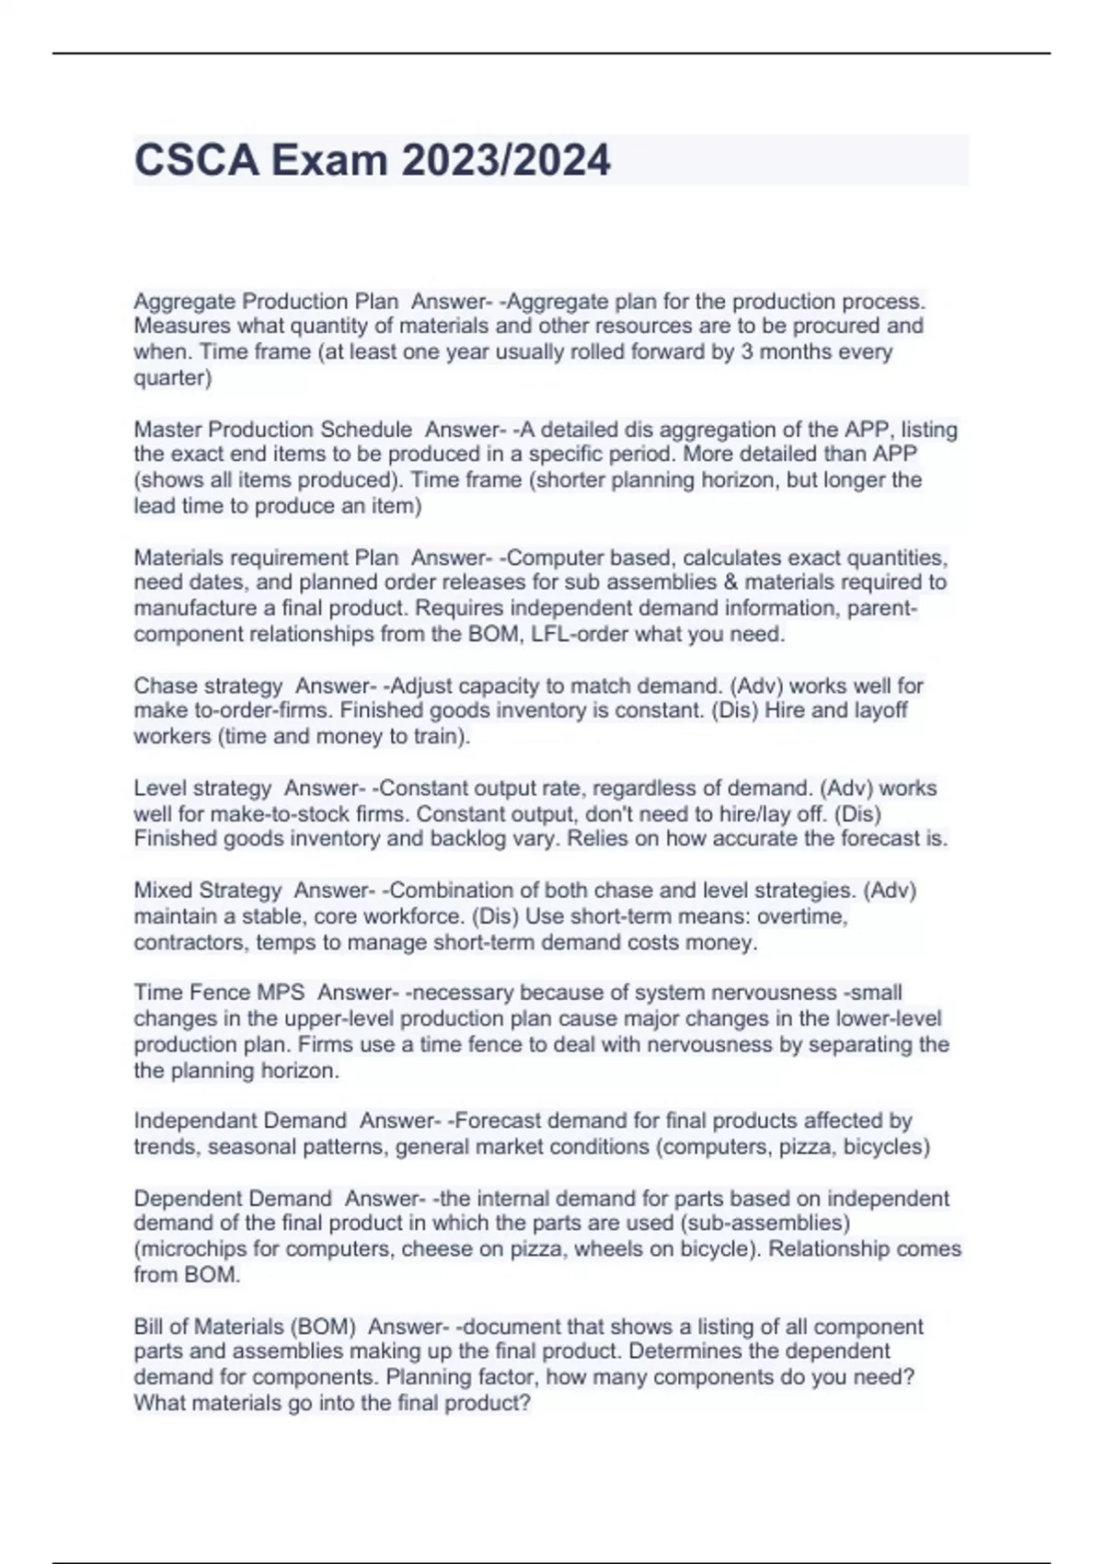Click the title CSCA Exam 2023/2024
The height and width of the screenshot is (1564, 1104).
(x=372, y=160)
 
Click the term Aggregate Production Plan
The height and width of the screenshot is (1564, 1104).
(x=266, y=301)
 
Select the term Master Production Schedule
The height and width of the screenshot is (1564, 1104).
(x=272, y=429)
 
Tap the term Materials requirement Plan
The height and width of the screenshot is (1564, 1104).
(x=266, y=558)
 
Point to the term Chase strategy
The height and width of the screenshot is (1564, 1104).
(x=208, y=685)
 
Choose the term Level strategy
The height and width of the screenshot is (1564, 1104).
(x=202, y=788)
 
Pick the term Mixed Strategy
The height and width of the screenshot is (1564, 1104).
(x=208, y=891)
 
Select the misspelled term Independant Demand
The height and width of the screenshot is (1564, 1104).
(x=240, y=1121)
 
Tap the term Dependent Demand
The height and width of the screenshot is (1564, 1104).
(x=233, y=1199)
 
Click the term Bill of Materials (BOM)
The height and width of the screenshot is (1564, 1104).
(x=245, y=1327)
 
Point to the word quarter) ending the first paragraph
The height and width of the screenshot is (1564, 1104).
(x=173, y=378)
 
